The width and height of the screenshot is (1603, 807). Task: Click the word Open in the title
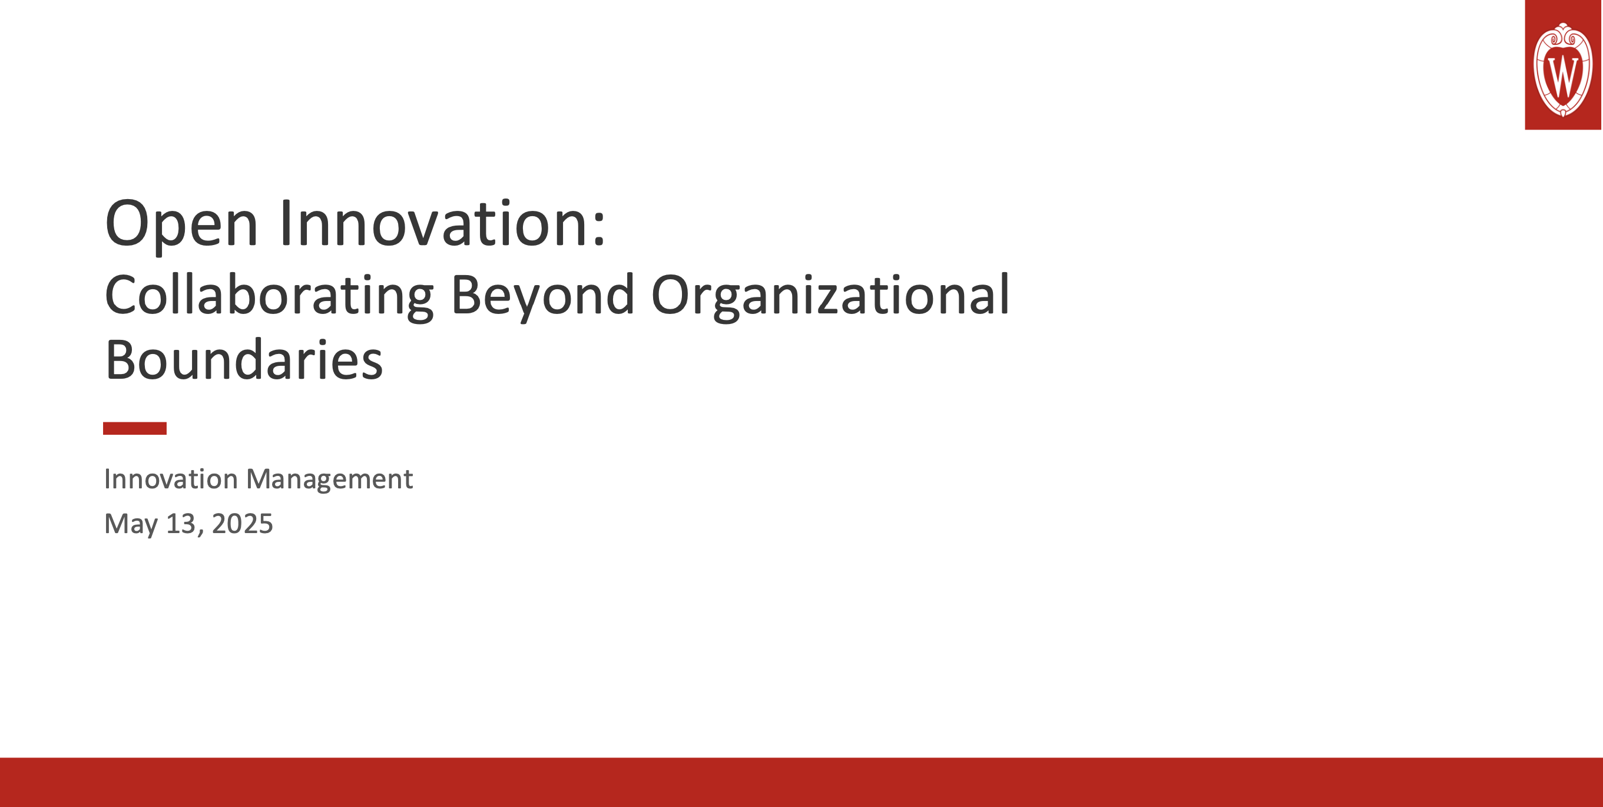coord(181,224)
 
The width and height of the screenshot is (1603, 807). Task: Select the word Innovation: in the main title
coord(442,224)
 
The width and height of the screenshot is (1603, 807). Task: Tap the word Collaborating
coord(269,295)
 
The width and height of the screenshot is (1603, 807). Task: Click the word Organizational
coord(830,295)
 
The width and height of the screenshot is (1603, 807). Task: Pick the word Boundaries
coord(244,360)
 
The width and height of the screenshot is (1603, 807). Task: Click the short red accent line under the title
coord(134,428)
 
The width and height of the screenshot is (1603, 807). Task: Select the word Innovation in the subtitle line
coord(171,479)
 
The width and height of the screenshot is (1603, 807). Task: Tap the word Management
coord(329,479)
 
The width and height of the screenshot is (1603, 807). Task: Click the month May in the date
coord(131,524)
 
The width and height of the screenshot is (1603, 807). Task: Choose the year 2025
coord(242,524)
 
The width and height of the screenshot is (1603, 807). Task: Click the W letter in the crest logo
coord(1562,75)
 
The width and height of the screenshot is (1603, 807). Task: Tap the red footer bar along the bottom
coord(801,782)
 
